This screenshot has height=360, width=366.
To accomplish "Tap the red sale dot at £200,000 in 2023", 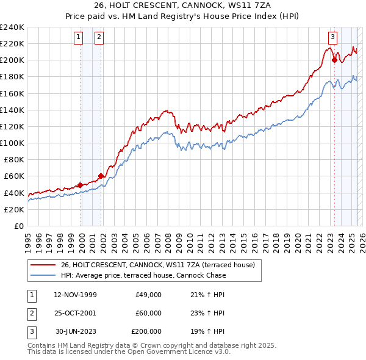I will point(334,59).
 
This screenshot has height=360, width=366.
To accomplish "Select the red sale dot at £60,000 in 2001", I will point(101,176).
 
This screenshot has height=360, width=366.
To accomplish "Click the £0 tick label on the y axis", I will point(18,226).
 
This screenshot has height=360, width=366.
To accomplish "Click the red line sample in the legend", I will point(43,265).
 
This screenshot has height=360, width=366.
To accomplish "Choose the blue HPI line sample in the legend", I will point(43,275).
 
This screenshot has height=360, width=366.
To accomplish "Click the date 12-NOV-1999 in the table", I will point(75,295).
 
